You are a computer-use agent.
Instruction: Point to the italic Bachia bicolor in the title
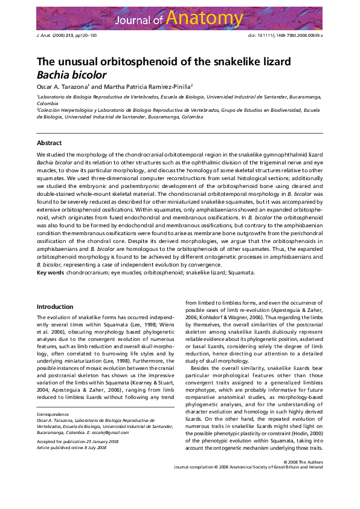71,76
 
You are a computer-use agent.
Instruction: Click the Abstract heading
49,143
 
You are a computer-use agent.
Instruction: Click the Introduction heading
55,307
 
